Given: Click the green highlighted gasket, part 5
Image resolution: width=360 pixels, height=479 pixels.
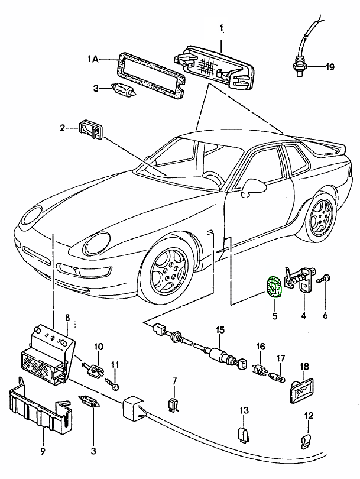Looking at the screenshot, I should pyautogui.click(x=274, y=287).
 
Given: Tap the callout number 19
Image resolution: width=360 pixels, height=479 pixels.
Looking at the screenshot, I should pyautogui.click(x=329, y=67).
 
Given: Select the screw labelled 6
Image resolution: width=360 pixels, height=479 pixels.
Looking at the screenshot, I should pyautogui.click(x=325, y=278).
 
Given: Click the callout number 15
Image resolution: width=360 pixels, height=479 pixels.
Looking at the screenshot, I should pyautogui.click(x=219, y=329).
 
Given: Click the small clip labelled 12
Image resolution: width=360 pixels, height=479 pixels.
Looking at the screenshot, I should pyautogui.click(x=306, y=441).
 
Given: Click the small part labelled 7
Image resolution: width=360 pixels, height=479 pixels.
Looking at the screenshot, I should pyautogui.click(x=174, y=404).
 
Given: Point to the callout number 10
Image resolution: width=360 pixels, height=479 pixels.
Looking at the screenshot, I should pyautogui.click(x=98, y=347).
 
